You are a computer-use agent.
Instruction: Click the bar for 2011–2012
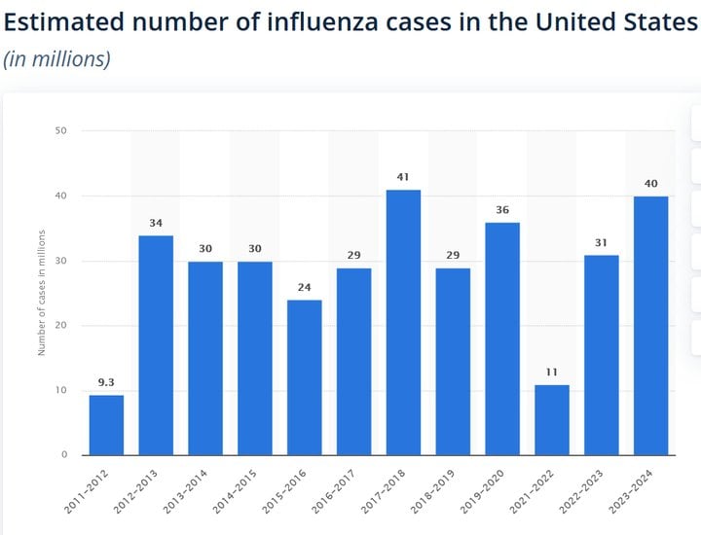point(106,425)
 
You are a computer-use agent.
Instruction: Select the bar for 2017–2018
point(403,322)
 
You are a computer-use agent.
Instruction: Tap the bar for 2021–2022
point(552,419)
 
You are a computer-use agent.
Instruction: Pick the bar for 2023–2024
point(651,325)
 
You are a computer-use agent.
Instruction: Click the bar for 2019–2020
point(502,339)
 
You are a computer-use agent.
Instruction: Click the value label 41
point(403,178)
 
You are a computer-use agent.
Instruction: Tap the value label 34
point(156,223)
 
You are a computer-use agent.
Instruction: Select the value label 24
point(304,288)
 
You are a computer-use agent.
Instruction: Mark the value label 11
point(552,373)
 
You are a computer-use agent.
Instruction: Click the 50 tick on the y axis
point(61,130)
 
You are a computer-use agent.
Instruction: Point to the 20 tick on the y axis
point(61,325)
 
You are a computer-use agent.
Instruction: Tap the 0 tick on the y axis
point(64,454)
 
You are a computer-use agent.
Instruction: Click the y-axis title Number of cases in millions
point(42,292)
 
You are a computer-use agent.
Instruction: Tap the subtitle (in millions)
point(56,58)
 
